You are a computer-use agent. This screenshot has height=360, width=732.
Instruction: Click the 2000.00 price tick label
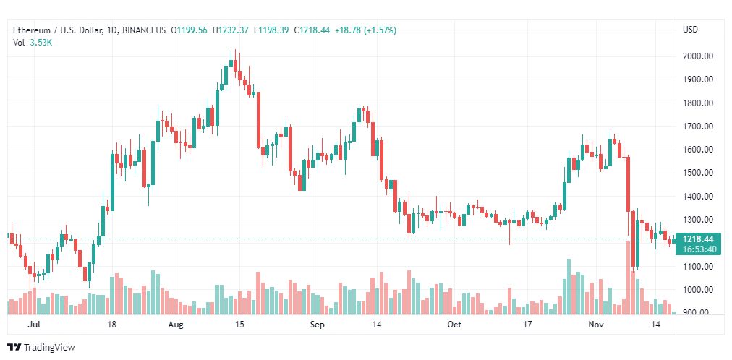(698, 56)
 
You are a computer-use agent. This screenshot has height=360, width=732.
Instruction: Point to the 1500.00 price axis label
(698, 173)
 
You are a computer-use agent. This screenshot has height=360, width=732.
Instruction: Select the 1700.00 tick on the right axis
(698, 127)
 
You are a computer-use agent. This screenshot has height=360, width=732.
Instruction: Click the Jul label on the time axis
(33, 325)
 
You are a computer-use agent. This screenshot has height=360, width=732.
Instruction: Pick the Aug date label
(176, 325)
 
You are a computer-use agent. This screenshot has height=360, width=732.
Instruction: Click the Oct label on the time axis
(454, 325)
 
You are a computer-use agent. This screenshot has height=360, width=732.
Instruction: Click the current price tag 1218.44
(698, 239)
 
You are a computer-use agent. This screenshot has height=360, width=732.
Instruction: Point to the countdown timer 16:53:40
(698, 249)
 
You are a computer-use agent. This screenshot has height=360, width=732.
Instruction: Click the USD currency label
(690, 30)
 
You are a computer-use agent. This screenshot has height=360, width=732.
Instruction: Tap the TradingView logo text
(49, 348)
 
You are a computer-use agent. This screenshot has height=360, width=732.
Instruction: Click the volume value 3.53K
(41, 43)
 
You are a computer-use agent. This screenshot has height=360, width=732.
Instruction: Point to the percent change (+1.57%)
(380, 30)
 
